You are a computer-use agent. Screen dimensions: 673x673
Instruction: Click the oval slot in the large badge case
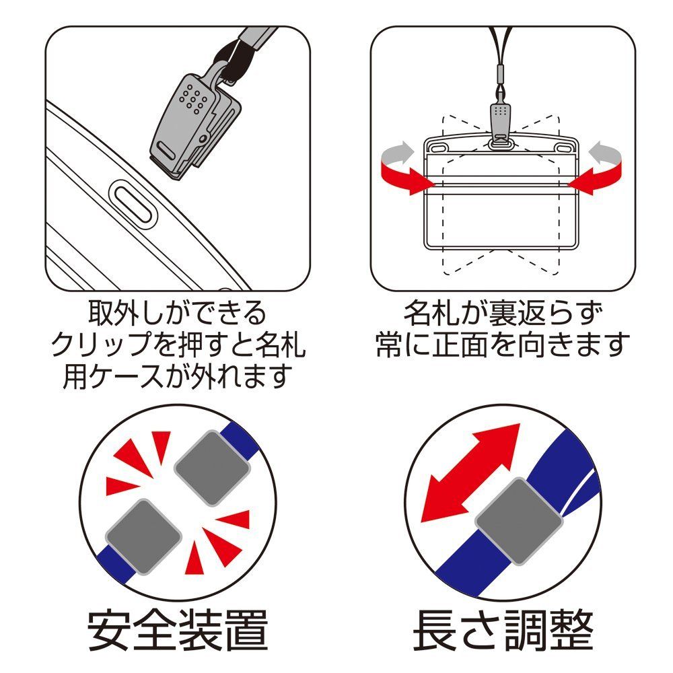pyautogui.click(x=131, y=201)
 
